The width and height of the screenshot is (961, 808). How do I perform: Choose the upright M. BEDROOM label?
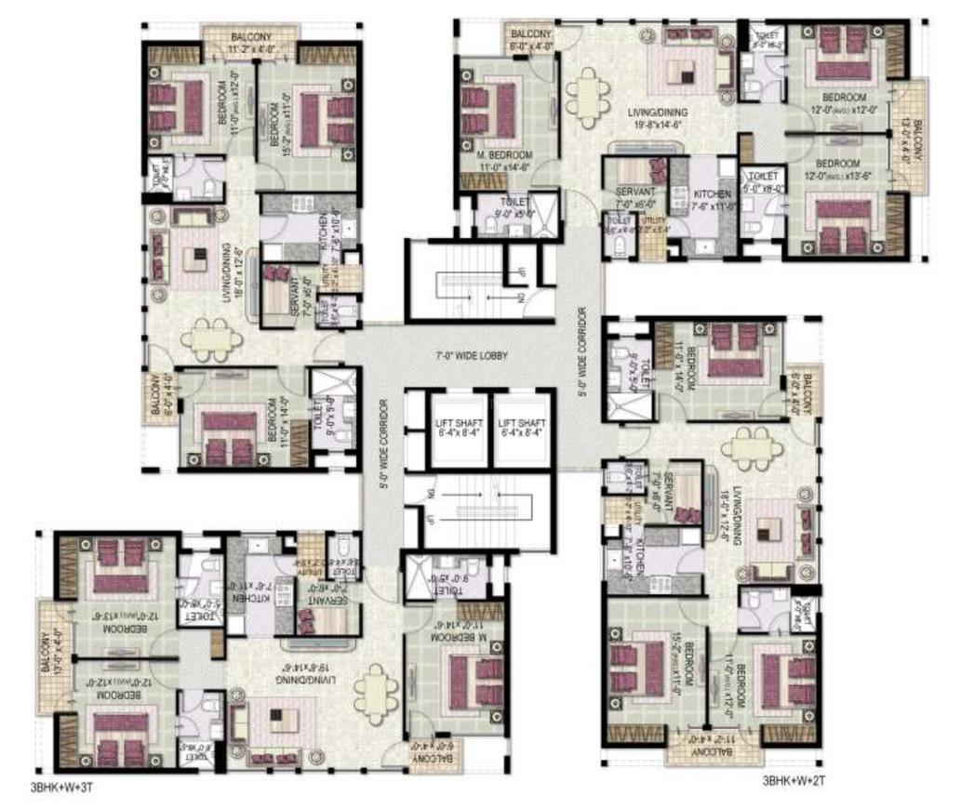tap(505, 159)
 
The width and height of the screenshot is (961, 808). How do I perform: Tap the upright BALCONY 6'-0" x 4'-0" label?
tap(531, 39)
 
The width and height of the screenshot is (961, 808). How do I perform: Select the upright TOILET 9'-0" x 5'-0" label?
tap(514, 205)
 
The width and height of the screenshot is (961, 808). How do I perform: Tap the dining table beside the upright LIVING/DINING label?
tap(587, 95)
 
